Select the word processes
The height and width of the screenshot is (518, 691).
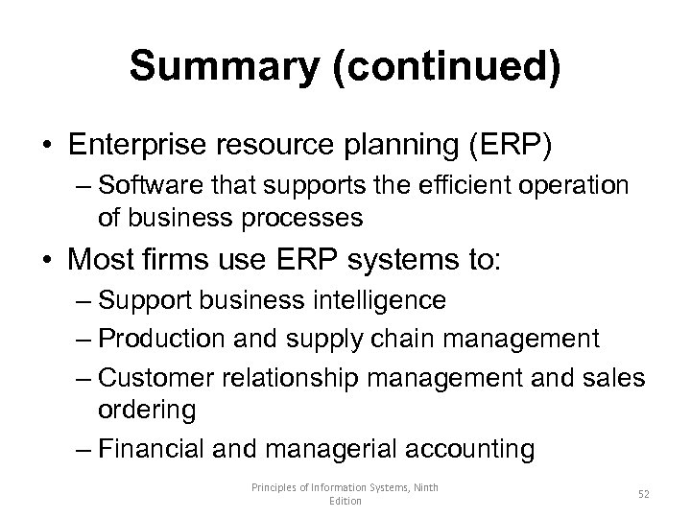point(306,218)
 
